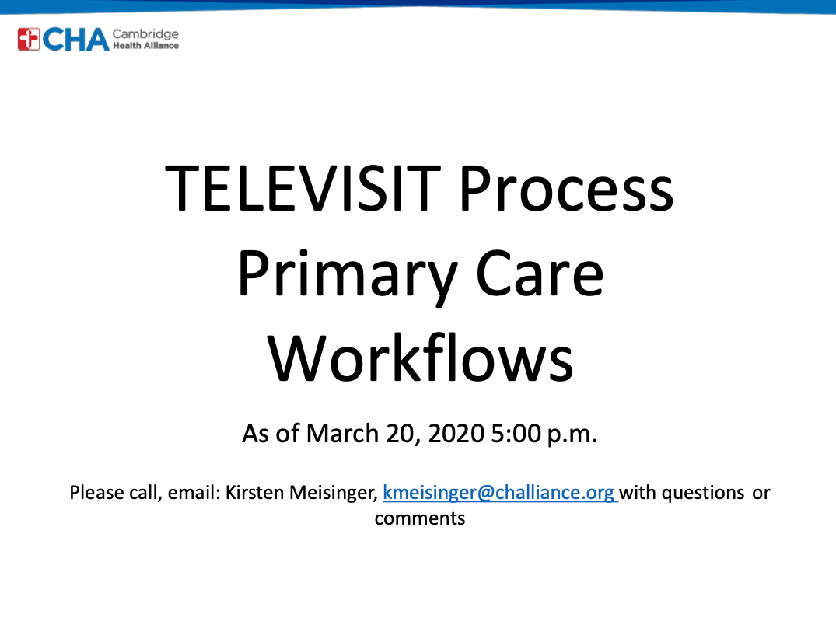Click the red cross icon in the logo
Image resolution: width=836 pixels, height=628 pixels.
pos(28,40)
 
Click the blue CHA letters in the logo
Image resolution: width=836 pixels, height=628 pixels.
pos(75,40)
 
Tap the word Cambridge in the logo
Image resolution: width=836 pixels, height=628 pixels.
pos(145,35)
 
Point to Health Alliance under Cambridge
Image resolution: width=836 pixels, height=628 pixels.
pos(145,46)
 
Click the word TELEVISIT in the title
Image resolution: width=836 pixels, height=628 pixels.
pos(303,189)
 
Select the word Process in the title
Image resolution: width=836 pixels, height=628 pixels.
pos(566,189)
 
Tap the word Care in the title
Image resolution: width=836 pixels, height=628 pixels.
pos(540,274)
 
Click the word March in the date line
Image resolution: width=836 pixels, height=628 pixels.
pos(342,434)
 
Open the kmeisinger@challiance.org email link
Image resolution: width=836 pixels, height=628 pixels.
pos(500,493)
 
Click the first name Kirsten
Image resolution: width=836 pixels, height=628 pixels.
pos(254,493)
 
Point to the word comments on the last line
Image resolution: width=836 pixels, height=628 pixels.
pos(420,518)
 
